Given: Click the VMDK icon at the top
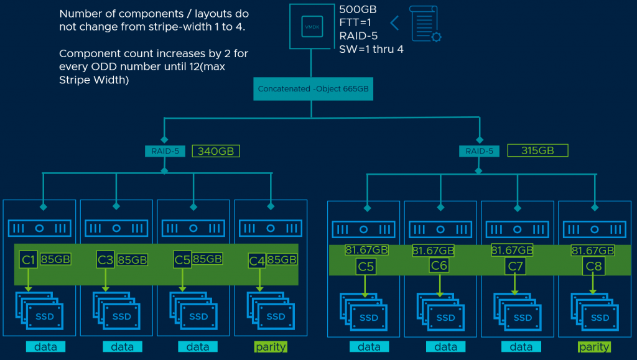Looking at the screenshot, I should coord(312,27).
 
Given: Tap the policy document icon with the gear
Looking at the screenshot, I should coord(425,24).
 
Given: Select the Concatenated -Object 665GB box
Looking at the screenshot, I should coord(313,89).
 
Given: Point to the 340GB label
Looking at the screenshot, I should coord(215,151).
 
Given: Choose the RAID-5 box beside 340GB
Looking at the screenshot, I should coord(164,151).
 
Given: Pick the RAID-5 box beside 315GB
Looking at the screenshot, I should coord(479,150).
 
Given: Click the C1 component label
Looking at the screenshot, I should coord(28,259).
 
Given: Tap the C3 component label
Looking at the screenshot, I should coord(105,259).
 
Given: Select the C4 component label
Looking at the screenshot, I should coord(258,260).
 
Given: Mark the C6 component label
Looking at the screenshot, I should coord(439,266).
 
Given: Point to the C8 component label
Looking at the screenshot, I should coord(593,266).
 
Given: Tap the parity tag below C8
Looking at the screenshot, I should coord(594,347).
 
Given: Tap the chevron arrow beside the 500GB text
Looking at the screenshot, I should coord(394,23).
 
